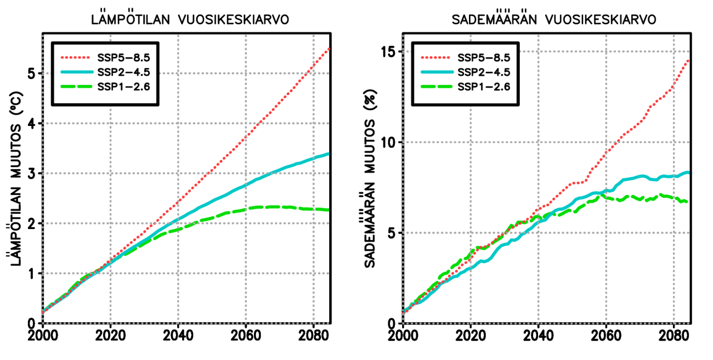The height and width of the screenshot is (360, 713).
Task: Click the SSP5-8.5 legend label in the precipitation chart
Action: pyautogui.click(x=484, y=57)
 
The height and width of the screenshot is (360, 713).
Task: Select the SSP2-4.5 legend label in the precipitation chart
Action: pyautogui.click(x=484, y=72)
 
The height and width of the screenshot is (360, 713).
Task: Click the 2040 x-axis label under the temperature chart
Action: pyautogui.click(x=178, y=338)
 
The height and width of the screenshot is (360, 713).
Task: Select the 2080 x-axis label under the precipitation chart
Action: pyautogui.click(x=673, y=338)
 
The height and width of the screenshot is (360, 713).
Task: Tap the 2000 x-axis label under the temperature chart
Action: pyautogui.click(x=43, y=338)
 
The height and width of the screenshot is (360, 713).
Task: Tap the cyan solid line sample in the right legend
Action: pyautogui.click(x=438, y=72)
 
